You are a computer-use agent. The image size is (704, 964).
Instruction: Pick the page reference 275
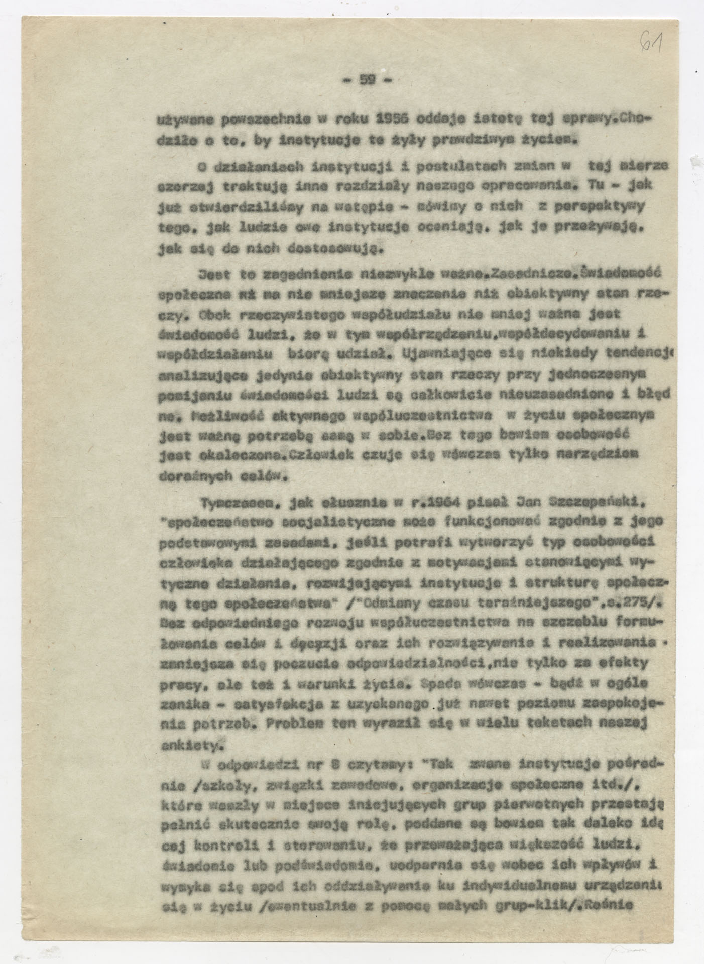pyautogui.click(x=637, y=600)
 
